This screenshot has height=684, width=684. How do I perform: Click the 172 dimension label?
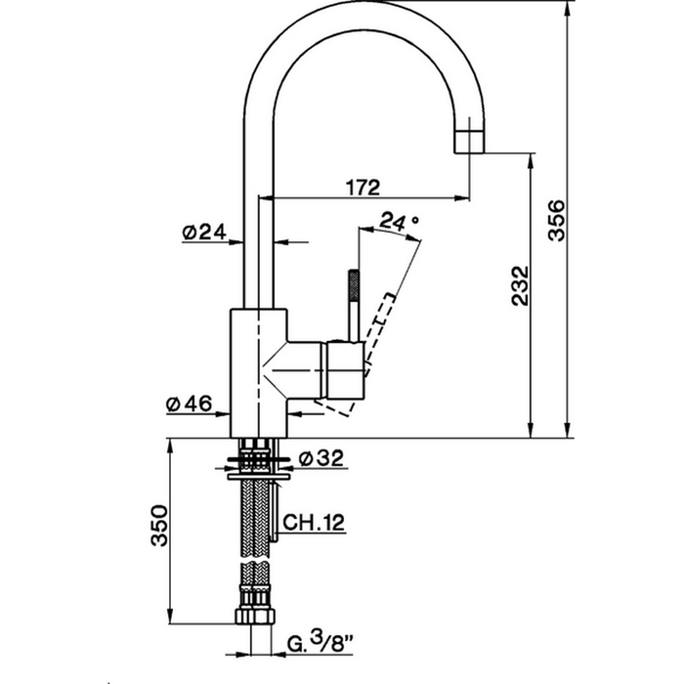point(363,188)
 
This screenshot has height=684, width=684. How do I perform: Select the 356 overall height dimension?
point(556,220)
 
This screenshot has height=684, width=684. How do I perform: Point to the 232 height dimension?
point(520,285)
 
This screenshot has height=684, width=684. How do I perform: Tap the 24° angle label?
point(399,221)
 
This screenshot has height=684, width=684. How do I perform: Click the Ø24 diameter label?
point(204,233)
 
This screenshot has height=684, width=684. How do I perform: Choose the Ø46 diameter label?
point(189,404)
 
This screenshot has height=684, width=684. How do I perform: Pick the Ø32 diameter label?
point(321,458)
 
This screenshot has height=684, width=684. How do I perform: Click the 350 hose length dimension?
point(158,526)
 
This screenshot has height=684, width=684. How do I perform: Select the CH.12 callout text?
point(314,522)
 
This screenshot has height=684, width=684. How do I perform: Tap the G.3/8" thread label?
point(321,641)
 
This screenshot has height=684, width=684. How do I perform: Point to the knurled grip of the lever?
point(354,285)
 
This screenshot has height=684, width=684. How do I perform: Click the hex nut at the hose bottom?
point(255,616)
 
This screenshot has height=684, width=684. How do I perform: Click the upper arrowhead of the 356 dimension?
point(567,8)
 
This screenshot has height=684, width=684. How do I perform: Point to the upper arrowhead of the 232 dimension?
point(531,160)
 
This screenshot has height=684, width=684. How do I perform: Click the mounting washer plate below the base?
point(259,477)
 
